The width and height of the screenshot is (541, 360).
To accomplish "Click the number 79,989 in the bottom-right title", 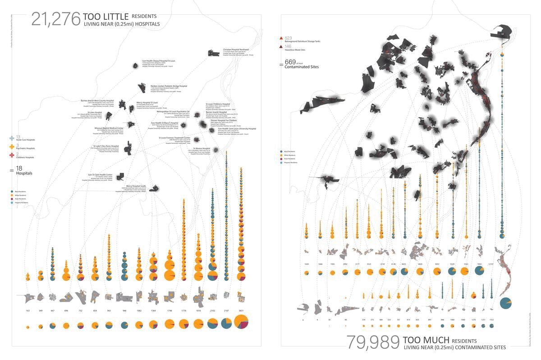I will tap(373, 342).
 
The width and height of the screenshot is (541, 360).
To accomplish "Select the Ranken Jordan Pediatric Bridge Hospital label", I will tap(169, 86).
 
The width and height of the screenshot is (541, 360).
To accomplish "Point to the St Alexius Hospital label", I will tap(202, 148).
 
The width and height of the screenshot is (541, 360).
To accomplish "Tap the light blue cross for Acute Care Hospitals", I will tap(12, 137).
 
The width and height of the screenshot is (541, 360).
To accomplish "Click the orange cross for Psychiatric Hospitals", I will tap(12, 146).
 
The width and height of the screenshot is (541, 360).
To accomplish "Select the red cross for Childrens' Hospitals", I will tap(12, 155).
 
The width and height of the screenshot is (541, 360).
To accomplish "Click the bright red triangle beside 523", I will tap(281, 38).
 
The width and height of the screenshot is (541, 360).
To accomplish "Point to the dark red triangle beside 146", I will tap(281, 46).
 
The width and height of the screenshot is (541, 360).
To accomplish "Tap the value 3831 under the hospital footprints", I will tap(241, 311).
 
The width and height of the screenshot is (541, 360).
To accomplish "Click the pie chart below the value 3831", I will tap(241, 324).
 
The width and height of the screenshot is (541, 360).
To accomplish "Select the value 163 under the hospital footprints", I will tap(28, 311).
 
